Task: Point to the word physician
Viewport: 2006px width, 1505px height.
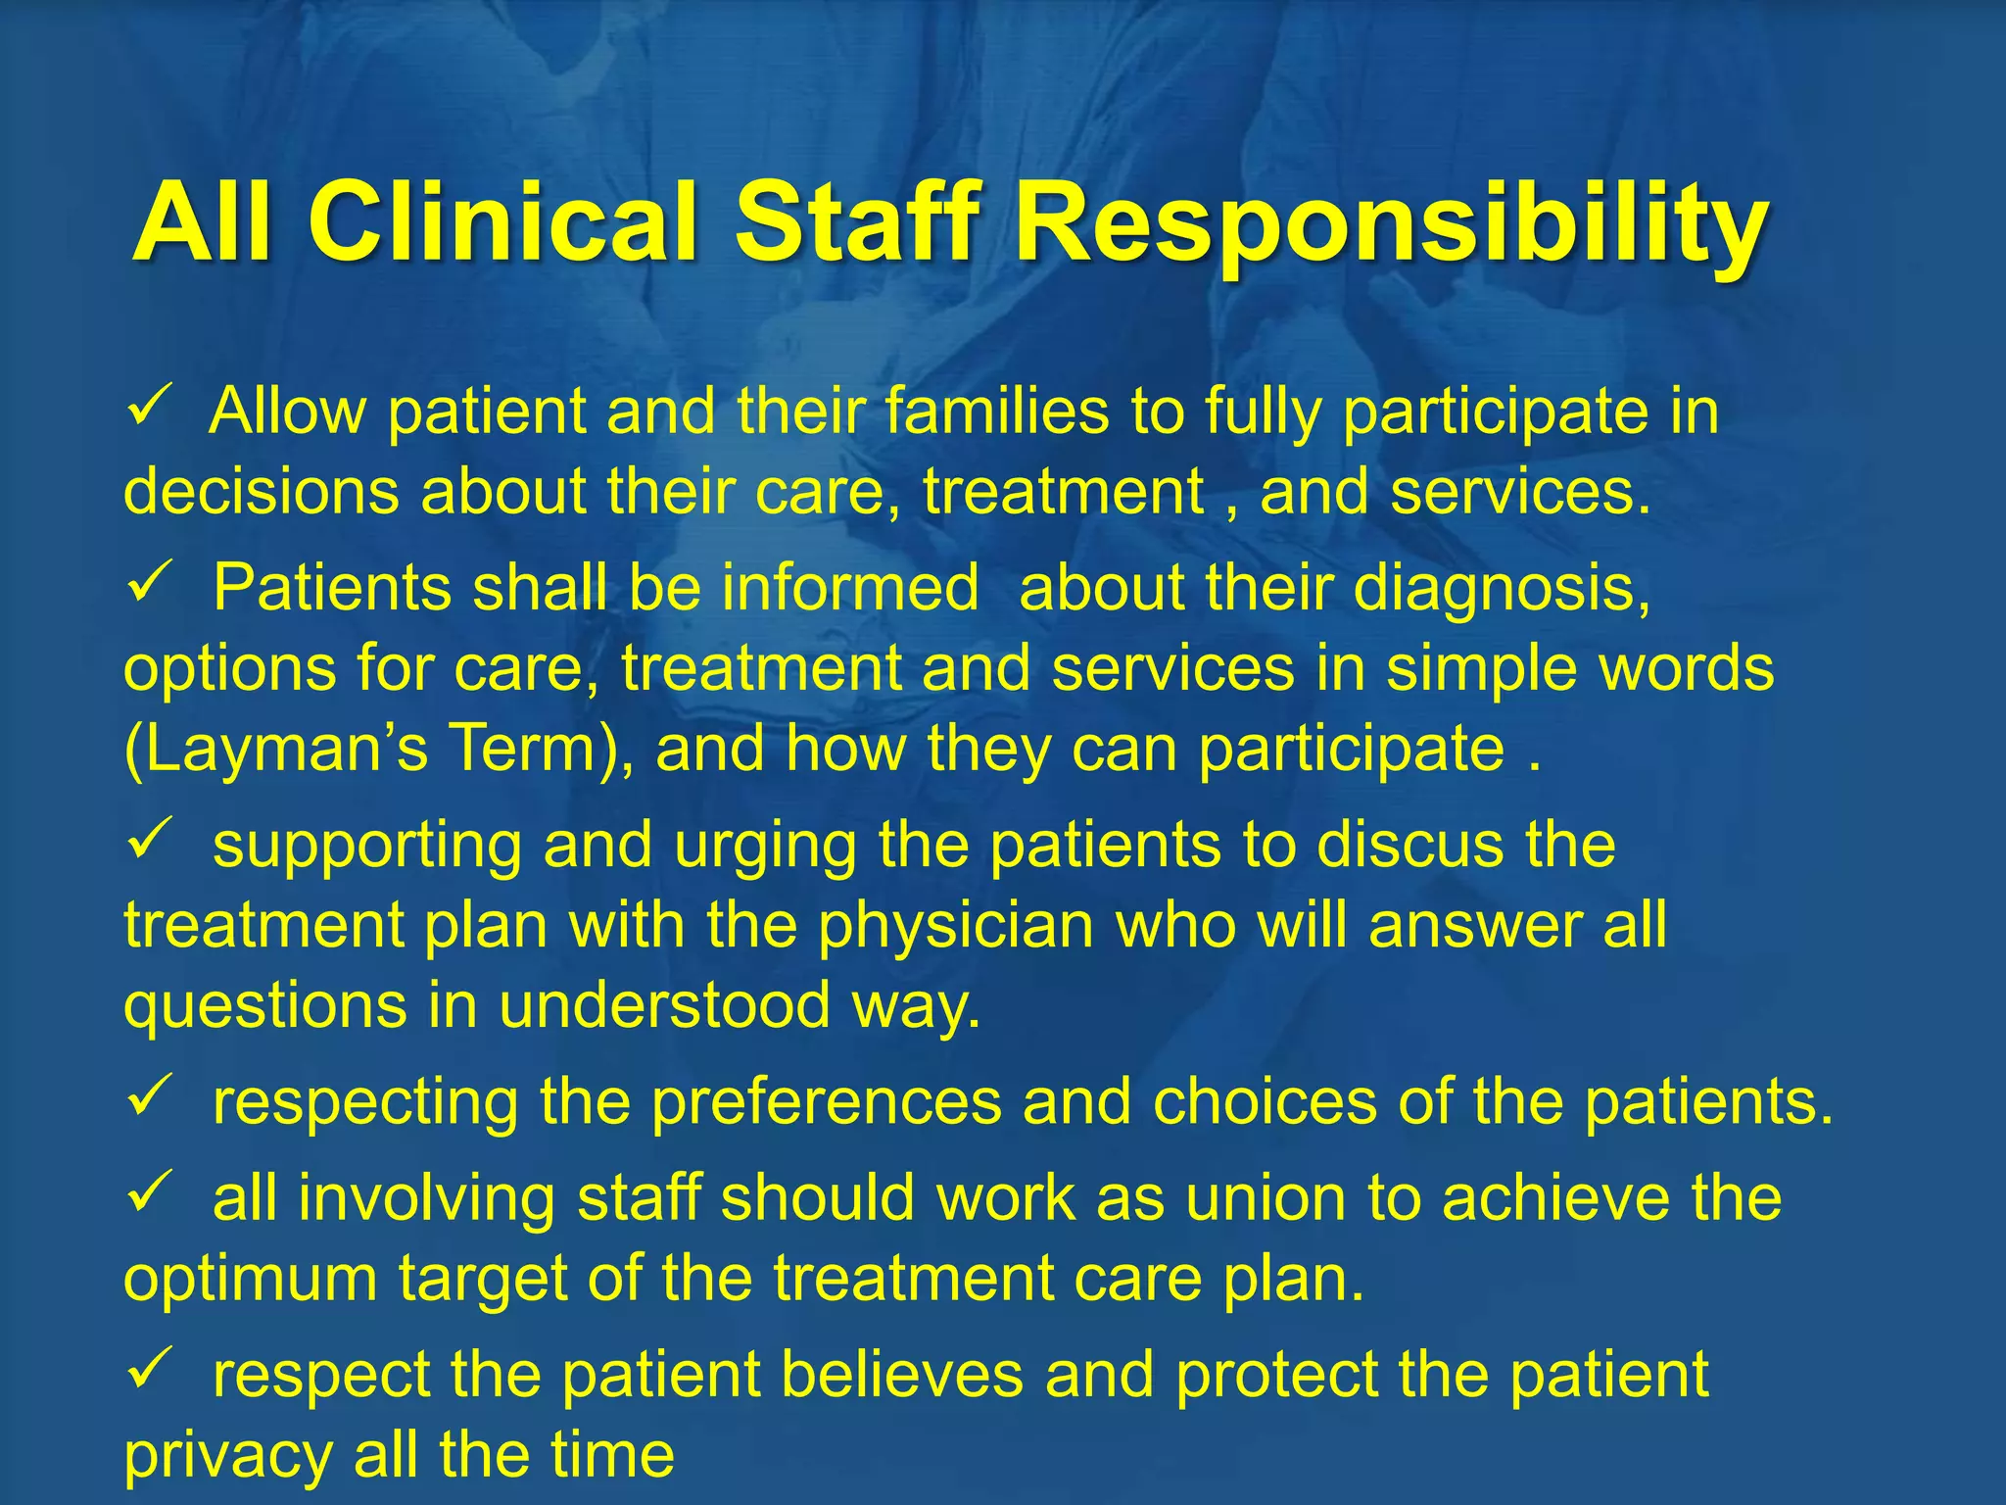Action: click(956, 926)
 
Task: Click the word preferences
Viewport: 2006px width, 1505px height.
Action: click(827, 1102)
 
